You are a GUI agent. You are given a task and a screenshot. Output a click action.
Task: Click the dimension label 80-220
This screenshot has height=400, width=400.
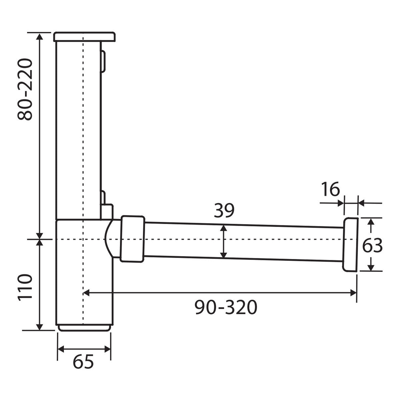pos(25,89)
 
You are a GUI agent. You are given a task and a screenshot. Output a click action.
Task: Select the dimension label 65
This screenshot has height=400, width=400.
pos(83,362)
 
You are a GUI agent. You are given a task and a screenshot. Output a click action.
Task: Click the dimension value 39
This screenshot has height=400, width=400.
pos(224,210)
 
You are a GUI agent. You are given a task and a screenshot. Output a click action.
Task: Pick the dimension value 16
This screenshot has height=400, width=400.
pos(331,189)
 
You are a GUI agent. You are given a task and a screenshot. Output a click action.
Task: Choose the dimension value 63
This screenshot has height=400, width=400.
pos(372,246)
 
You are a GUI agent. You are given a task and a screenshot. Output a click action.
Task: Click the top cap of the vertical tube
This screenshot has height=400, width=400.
pos(84,37)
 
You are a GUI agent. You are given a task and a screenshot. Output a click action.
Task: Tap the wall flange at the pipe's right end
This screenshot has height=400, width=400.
pos(350,245)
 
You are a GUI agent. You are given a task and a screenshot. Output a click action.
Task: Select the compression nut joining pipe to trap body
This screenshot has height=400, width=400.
pos(132,239)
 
